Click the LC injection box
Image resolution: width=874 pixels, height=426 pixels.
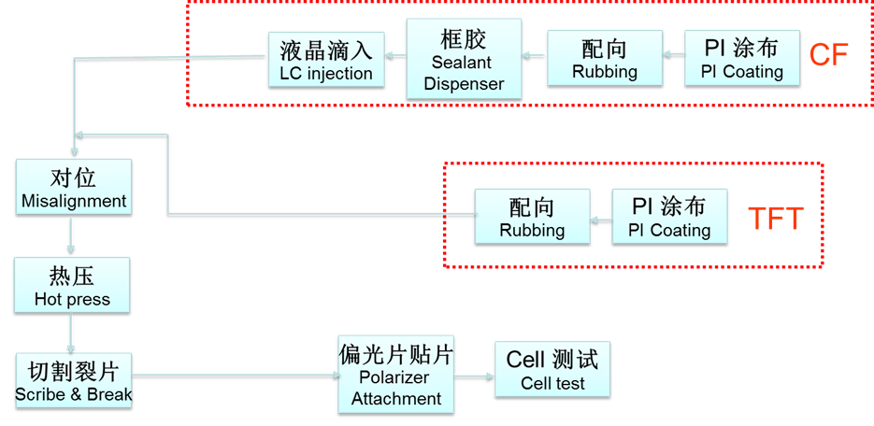tap(325, 59)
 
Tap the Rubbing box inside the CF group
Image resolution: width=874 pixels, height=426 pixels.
tap(604, 59)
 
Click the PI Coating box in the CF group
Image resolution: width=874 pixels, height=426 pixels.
tap(742, 59)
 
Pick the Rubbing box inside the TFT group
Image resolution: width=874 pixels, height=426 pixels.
tap(532, 217)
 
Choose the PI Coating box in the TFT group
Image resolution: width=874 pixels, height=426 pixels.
tap(668, 217)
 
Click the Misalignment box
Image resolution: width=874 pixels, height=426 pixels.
tap(73, 188)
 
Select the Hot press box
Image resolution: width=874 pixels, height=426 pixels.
tap(72, 286)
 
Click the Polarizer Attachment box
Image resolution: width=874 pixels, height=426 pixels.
tap(396, 374)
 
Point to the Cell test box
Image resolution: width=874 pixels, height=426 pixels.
tap(552, 370)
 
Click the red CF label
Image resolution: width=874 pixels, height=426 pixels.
tap(828, 55)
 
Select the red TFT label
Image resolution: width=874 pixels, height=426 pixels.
tap(776, 219)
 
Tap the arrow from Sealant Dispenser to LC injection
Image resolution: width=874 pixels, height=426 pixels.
tap(394, 56)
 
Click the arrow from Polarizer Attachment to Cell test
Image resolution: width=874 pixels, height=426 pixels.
tap(474, 376)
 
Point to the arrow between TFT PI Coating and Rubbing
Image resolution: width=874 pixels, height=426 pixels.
tap(601, 218)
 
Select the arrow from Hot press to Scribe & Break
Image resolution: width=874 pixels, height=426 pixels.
tap(71, 333)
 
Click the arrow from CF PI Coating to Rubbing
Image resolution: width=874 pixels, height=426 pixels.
tap(673, 56)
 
